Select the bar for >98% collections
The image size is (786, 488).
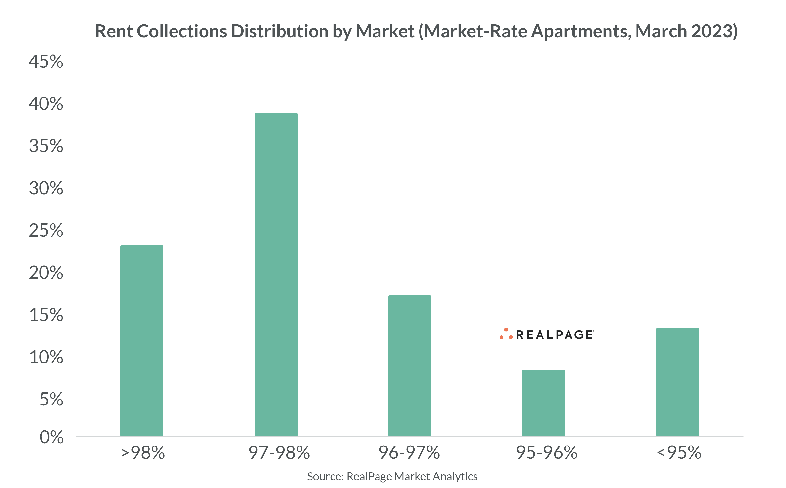coord(142,340)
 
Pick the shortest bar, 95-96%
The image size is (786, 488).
coord(543,403)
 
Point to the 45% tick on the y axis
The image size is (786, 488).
coord(46,61)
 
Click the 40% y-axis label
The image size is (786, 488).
coord(46,104)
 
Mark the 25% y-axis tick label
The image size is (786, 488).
coord(46,230)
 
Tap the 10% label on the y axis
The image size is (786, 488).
coord(46,357)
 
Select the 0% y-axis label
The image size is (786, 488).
coord(51,437)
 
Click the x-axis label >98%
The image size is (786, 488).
coord(143,452)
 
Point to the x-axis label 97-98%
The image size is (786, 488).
coord(279,452)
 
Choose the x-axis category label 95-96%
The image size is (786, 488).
coord(546,452)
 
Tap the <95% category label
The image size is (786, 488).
coord(679,452)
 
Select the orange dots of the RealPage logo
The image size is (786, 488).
coord(506,334)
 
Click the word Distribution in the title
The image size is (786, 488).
coord(279,31)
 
